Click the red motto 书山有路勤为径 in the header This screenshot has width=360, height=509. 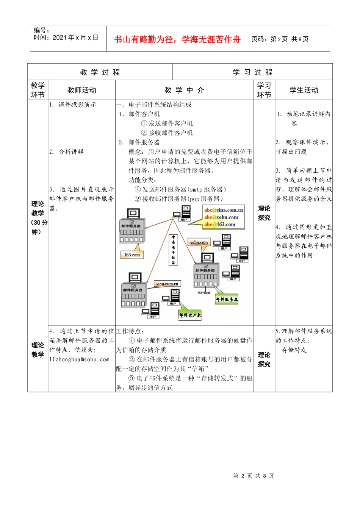177,39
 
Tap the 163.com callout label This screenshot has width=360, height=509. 132,255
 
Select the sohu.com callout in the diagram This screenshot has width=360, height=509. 199,242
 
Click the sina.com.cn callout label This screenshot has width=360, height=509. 167,284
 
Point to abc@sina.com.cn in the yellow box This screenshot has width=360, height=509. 224,210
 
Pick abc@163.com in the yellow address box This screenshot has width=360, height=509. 220,225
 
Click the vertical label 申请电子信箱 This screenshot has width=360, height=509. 173,250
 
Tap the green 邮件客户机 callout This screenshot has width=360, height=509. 190,315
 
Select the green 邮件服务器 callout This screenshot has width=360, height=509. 227,299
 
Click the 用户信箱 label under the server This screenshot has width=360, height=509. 204,292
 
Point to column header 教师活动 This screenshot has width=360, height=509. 81,90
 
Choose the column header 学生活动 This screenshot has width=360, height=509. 304,90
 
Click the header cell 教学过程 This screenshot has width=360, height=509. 100,72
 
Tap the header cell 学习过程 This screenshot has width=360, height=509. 252,72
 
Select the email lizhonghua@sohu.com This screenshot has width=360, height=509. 79,359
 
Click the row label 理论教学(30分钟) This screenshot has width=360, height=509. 38,218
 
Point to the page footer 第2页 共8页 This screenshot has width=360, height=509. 254,476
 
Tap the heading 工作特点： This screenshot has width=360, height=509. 130,331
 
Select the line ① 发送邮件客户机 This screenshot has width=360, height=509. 167,123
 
